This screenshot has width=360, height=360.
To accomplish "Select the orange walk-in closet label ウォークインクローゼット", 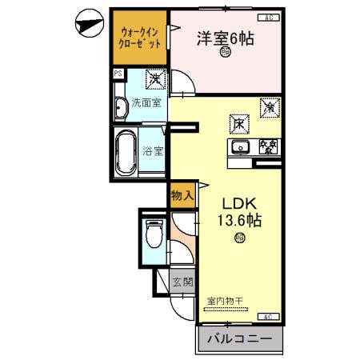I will (x=138, y=38).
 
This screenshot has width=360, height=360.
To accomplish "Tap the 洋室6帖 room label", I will (x=226, y=38).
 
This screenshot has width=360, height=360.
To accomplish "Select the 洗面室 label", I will (x=147, y=102).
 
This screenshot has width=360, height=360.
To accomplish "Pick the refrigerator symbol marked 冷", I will (x=268, y=105).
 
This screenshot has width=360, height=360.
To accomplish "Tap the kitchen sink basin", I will (x=239, y=146).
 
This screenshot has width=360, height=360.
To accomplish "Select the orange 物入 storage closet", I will (x=182, y=195).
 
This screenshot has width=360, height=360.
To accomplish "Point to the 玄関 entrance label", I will (x=182, y=282).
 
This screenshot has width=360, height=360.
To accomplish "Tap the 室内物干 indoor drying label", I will (x=230, y=301).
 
